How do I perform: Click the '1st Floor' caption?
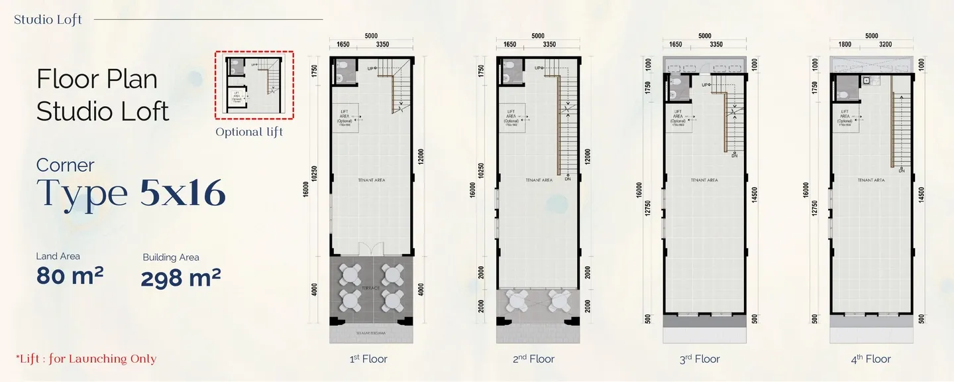click(368, 359)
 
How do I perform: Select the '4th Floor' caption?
click(872, 359)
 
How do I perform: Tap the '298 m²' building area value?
click(180, 277)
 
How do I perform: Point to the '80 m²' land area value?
click(70, 275)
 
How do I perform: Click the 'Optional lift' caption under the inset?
click(249, 132)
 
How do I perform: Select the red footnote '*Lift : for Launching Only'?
click(86, 359)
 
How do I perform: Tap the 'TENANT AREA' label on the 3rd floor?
click(704, 180)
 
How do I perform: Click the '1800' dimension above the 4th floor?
click(845, 44)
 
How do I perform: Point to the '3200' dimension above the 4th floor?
click(886, 44)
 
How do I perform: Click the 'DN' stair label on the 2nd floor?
click(568, 178)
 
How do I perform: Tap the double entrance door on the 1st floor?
click(371, 249)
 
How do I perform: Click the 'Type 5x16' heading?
click(131, 192)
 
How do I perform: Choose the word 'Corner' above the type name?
click(66, 164)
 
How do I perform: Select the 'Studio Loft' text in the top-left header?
click(48, 19)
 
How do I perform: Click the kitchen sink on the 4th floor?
click(865, 80)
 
